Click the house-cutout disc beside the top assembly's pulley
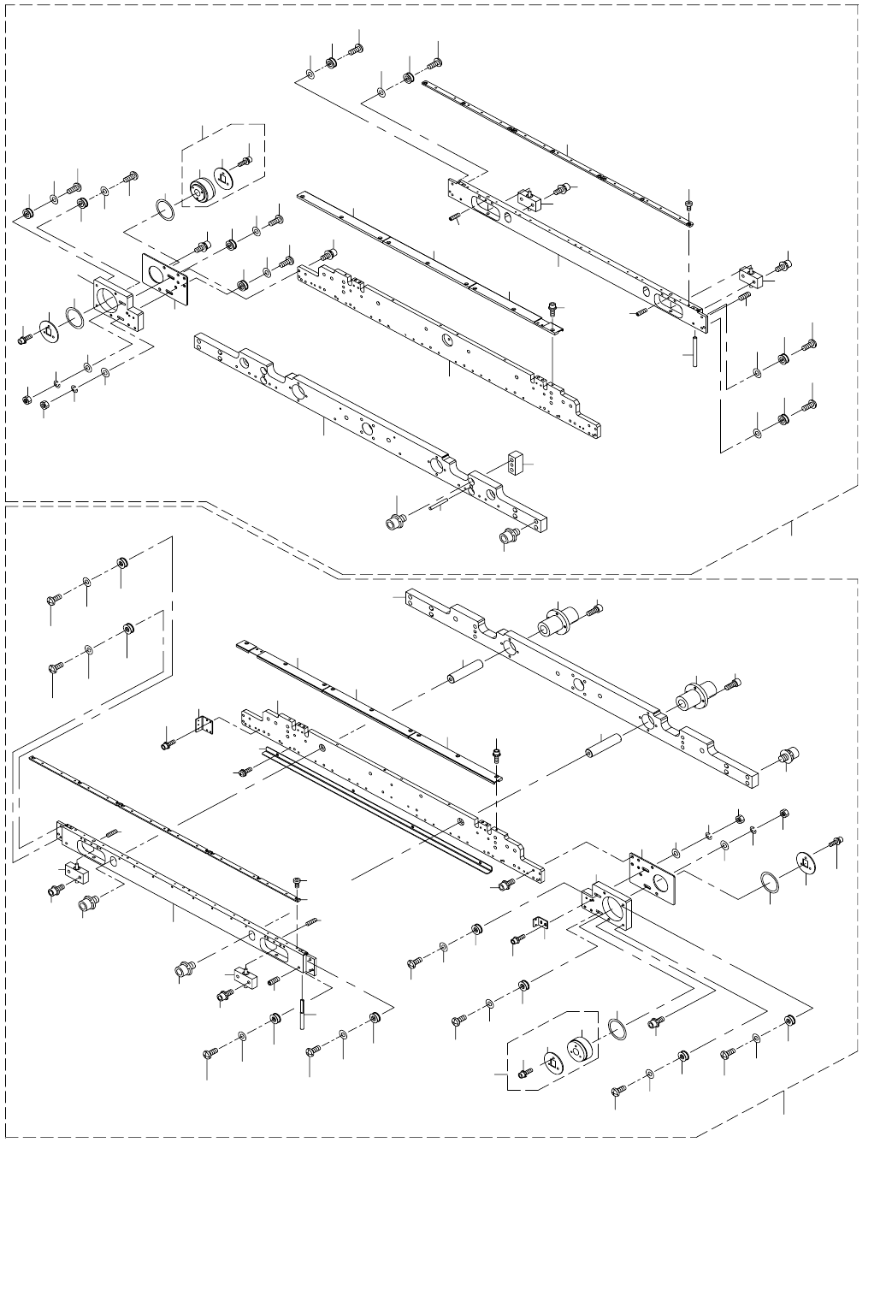click(x=224, y=177)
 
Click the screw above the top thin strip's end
click(x=690, y=205)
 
